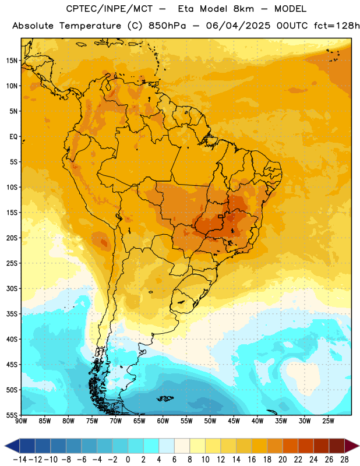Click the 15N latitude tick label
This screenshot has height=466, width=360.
[x=12, y=61]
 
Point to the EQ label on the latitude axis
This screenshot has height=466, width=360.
[x=13, y=137]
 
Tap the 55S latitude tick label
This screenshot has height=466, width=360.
[x=12, y=415]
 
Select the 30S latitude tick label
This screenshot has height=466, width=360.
[x=12, y=288]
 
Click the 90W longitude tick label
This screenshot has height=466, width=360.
[x=21, y=421]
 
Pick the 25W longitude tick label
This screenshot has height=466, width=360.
[x=328, y=421]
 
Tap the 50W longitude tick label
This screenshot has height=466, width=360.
[x=210, y=421]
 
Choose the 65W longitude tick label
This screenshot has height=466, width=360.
[x=139, y=421]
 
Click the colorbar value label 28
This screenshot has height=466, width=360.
[x=344, y=460]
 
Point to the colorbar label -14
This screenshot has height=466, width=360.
[x=20, y=460]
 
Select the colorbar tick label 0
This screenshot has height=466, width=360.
[x=128, y=460]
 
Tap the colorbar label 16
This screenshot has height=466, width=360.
[x=252, y=460]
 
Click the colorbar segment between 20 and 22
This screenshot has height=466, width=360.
[x=291, y=446]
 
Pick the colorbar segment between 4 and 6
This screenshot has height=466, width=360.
[x=167, y=446]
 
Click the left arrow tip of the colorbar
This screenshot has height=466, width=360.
[x=5, y=446]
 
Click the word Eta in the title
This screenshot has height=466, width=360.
[x=185, y=9]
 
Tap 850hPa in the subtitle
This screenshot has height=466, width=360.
[x=167, y=26]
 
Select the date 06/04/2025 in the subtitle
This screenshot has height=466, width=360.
[x=238, y=26]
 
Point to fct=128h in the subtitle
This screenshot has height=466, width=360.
[x=337, y=26]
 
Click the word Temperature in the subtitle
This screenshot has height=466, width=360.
[x=90, y=26]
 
